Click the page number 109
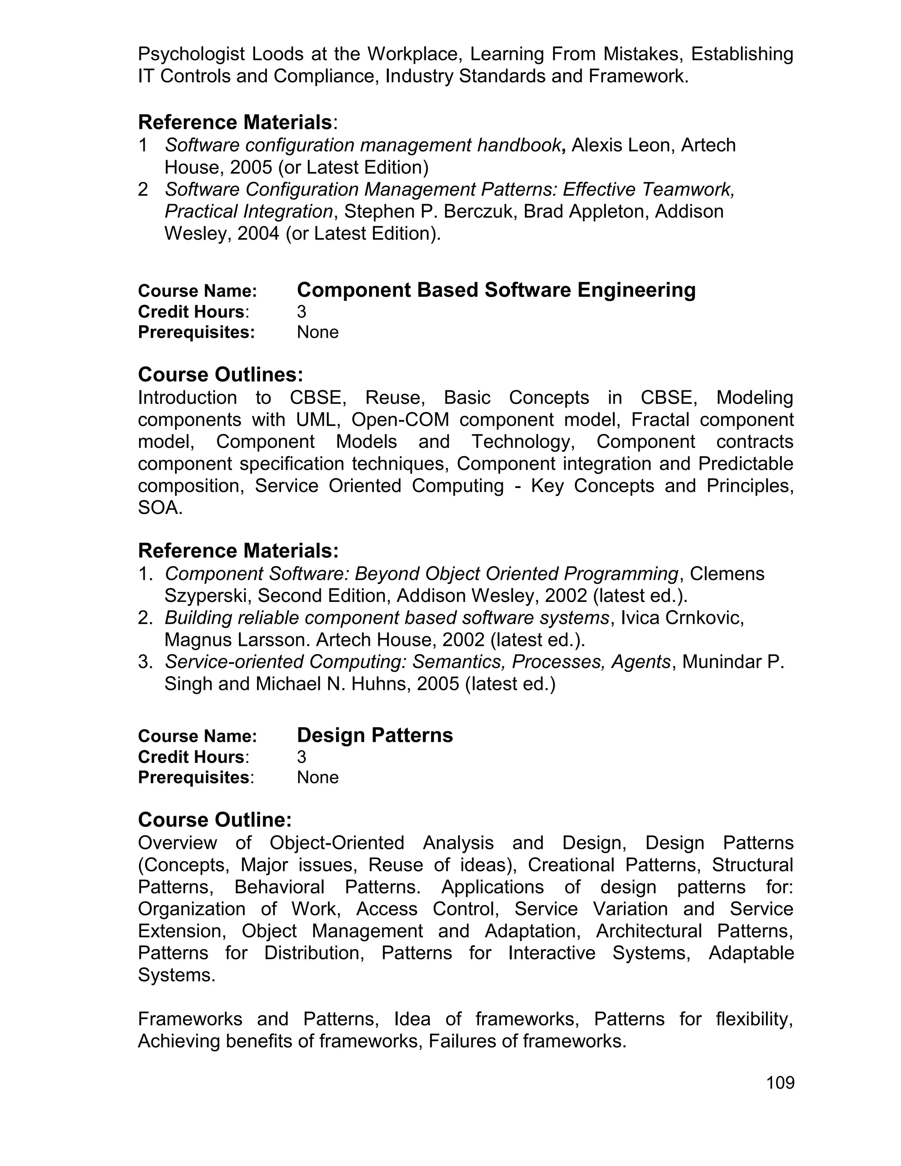point(780,1082)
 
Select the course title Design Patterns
point(375,735)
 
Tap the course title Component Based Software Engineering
point(496,290)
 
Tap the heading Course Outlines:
point(220,374)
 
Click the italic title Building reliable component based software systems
point(386,618)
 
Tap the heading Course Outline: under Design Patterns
point(215,820)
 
